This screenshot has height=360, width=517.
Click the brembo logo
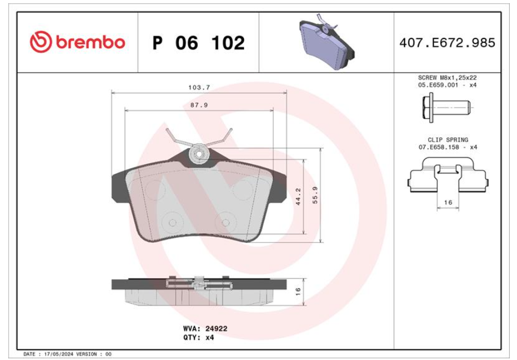[77, 42]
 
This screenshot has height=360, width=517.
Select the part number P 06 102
[198, 43]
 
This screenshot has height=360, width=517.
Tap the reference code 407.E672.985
[447, 43]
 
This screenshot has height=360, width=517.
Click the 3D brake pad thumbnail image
[326, 42]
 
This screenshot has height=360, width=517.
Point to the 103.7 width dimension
[199, 87]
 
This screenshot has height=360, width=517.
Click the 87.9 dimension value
[199, 105]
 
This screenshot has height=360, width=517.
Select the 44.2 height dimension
[298, 197]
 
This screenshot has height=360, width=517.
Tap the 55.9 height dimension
[315, 195]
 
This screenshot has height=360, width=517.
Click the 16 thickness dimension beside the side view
[298, 291]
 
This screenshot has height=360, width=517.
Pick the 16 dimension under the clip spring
[448, 202]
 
